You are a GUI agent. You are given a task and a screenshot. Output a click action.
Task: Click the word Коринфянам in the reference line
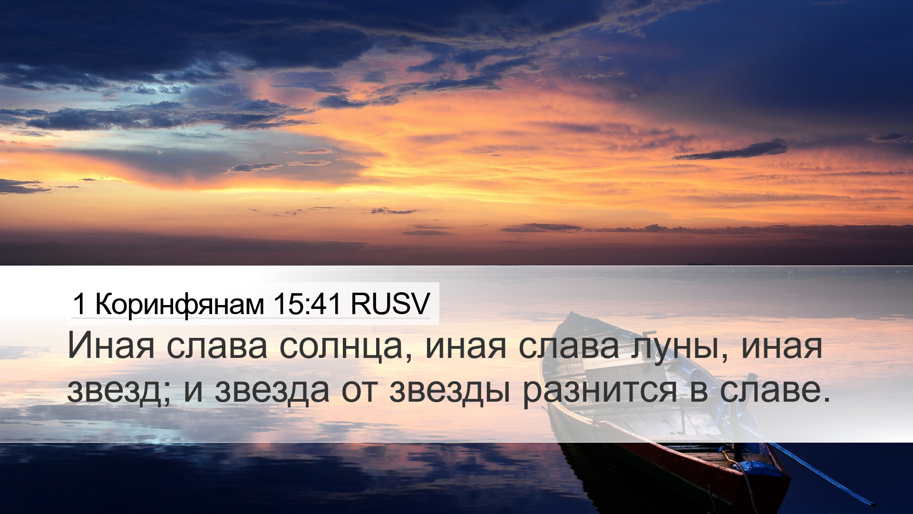[180, 304]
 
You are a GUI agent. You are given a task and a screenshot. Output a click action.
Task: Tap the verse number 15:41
[307, 304]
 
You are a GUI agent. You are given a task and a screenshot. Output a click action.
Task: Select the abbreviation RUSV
[390, 304]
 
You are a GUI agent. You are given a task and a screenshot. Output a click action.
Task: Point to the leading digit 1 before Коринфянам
[79, 304]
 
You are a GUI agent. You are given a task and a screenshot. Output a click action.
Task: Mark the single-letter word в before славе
[698, 392]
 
